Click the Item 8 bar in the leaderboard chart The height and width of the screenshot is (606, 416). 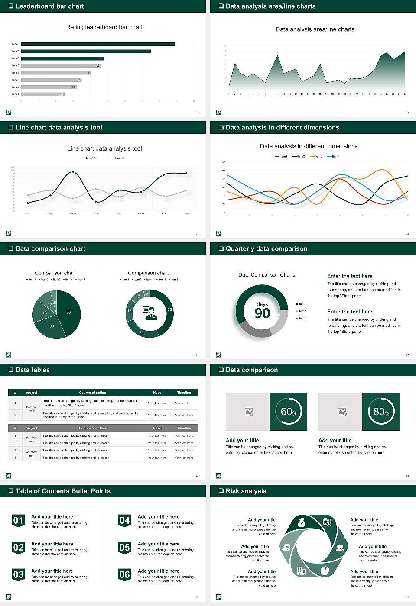98,44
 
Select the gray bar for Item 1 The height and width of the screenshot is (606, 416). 42,94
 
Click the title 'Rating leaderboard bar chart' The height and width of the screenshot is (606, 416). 104,27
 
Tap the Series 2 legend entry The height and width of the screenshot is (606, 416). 118,158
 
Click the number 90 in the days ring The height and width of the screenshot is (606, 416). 262,313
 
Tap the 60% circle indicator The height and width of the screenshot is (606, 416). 288,412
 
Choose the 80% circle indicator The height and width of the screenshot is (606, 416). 381,412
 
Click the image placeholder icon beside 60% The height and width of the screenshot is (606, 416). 249,412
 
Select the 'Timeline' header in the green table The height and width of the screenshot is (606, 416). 184,393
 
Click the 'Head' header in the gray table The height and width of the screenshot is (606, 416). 157,428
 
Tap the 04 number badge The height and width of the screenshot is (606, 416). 124,520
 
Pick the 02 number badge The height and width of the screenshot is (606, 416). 18,548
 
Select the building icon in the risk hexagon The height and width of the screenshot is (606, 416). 301,571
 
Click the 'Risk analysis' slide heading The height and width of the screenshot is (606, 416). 246,491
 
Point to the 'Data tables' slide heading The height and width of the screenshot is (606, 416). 32,370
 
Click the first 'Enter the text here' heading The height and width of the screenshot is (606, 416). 350,276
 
